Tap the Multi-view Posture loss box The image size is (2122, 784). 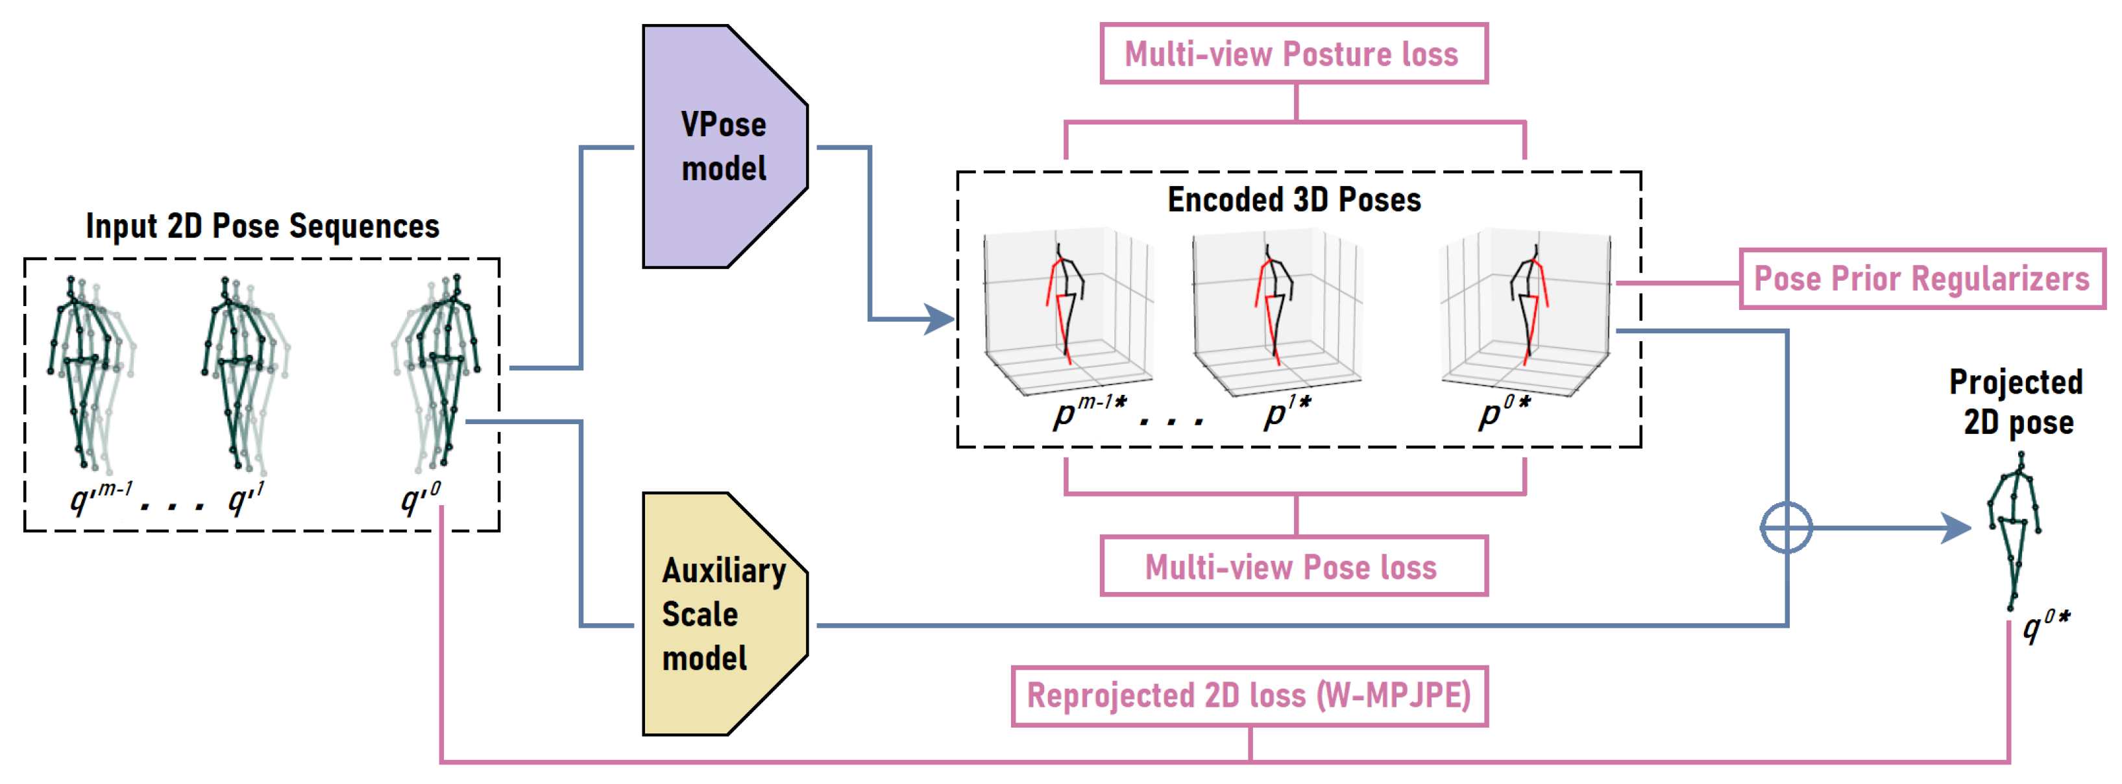click(1293, 54)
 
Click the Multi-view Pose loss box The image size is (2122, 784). click(1293, 567)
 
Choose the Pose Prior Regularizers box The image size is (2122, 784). click(1921, 278)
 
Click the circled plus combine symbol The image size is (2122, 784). click(1786, 527)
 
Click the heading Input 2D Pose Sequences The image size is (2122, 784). click(262, 226)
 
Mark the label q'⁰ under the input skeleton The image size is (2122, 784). click(420, 497)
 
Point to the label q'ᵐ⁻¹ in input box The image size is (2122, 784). click(101, 497)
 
